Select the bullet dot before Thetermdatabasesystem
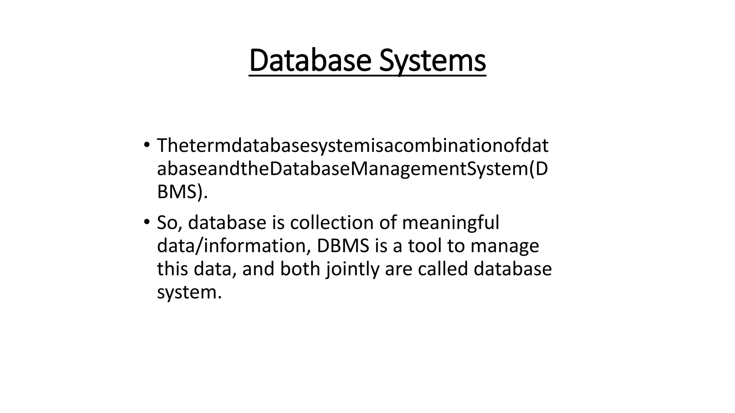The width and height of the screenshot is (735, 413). pos(146,145)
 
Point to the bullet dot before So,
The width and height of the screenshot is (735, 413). pos(146,222)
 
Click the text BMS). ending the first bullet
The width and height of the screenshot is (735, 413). pos(182,192)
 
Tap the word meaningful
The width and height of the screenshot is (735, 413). pos(450,223)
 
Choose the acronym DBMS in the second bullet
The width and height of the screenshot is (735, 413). pos(343,246)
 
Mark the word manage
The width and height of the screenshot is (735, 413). pos(505,246)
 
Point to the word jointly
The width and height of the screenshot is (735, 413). pos(352,269)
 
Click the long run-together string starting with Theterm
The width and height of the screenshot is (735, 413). pos(352,146)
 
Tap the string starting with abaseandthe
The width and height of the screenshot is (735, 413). pos(352,169)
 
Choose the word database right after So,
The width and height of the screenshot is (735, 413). pos(227,223)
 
